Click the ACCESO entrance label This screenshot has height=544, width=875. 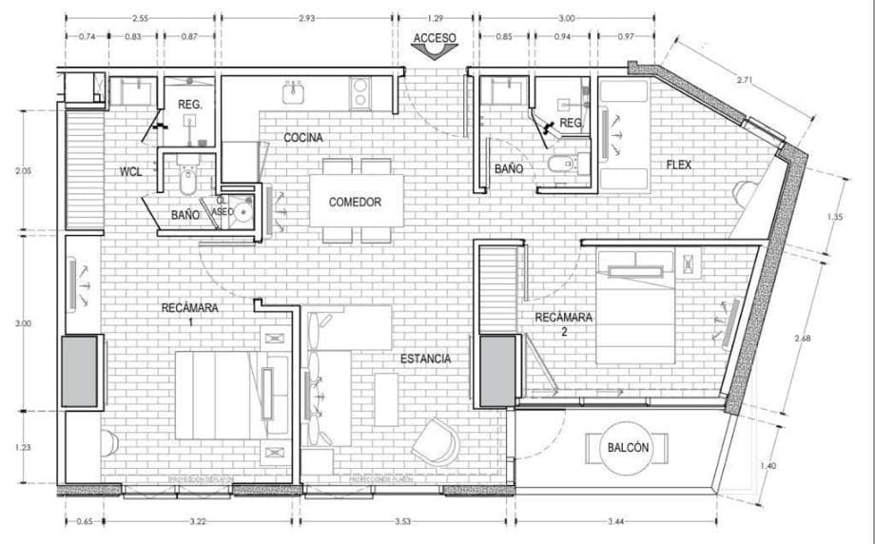pos(435,39)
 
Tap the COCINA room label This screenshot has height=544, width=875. pos(303,138)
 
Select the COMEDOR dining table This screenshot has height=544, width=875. pos(355,202)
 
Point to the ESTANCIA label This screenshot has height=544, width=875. pos(425,359)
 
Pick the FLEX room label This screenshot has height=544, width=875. pos(678,165)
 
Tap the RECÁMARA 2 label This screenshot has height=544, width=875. pos(563,323)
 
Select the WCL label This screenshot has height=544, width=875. pos(131,172)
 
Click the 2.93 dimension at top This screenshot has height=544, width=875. pos(306,18)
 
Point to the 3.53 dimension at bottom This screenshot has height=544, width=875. pos(406,522)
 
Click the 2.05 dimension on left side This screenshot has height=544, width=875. pos(23,171)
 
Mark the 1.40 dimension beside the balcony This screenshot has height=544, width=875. pos(768,465)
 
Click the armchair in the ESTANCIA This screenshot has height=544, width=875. pos(435,440)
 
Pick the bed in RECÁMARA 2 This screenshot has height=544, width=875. pos(635,306)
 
